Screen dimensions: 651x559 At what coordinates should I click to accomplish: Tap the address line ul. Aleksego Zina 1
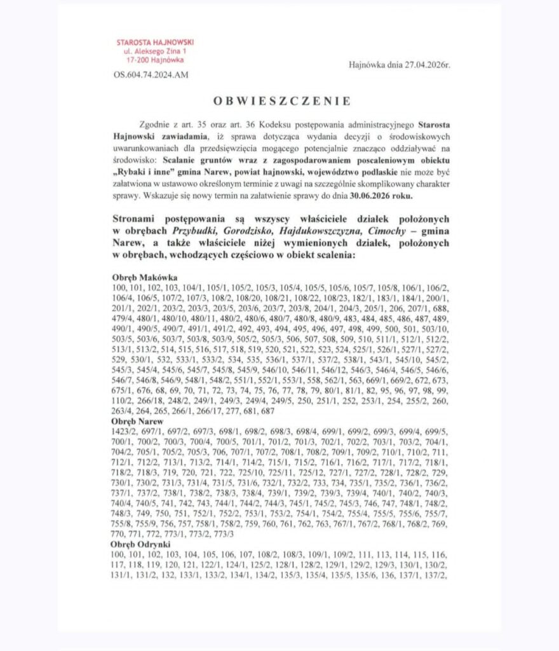click(x=154, y=51)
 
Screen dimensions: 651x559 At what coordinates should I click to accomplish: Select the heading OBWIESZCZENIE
click(x=281, y=100)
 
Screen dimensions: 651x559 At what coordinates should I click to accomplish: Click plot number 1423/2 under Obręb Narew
click(x=124, y=432)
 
